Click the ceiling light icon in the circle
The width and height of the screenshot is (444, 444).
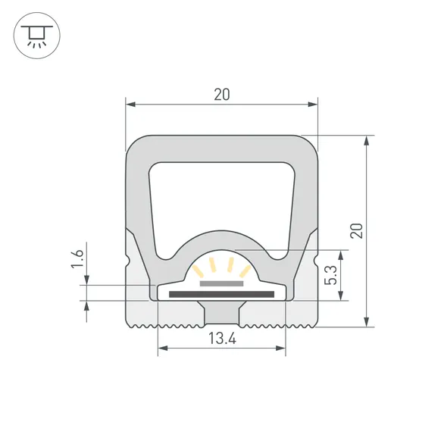pyautogui.click(x=35, y=35)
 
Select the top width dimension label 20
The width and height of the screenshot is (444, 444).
pyautogui.click(x=221, y=95)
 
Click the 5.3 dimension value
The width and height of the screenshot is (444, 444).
pyautogui.click(x=329, y=274)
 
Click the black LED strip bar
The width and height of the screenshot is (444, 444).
pyautogui.click(x=221, y=293)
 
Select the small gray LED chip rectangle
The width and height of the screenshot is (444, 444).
pyautogui.click(x=221, y=283)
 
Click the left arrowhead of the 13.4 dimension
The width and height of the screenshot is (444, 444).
pyautogui.click(x=161, y=349)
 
